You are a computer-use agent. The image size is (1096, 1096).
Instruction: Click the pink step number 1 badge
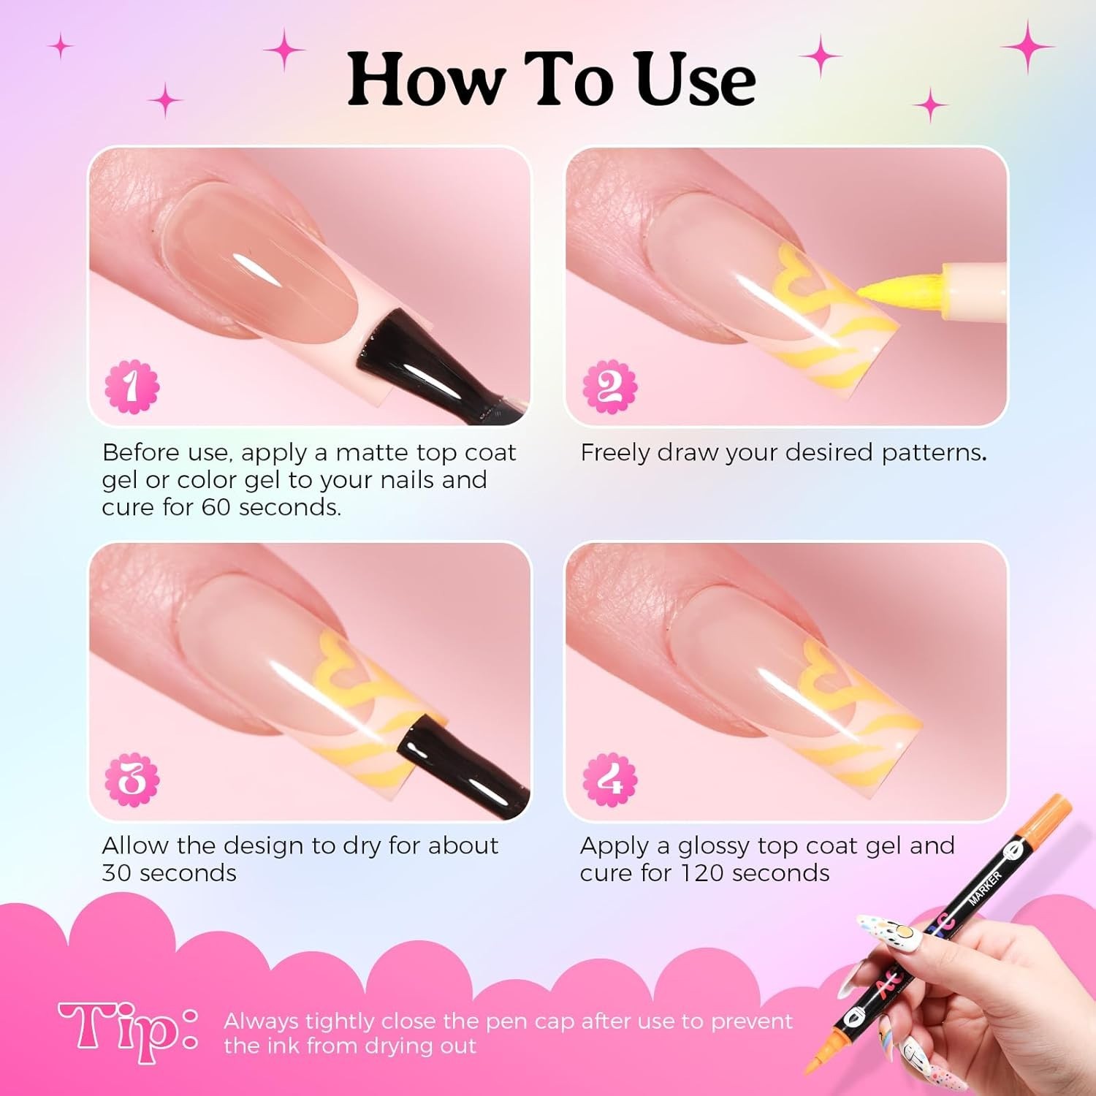pyautogui.click(x=132, y=386)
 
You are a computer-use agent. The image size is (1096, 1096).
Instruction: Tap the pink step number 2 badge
pyautogui.click(x=609, y=386)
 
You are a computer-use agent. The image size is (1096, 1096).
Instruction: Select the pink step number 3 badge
pyautogui.click(x=132, y=780)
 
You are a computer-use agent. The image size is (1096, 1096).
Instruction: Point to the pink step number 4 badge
pyautogui.click(x=609, y=780)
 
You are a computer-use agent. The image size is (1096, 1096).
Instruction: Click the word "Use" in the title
pyautogui.click(x=695, y=80)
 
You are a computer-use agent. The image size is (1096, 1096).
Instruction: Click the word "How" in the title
pyautogui.click(x=425, y=80)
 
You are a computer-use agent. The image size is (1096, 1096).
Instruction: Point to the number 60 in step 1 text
pyautogui.click(x=216, y=507)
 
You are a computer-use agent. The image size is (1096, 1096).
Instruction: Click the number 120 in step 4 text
pyautogui.click(x=703, y=872)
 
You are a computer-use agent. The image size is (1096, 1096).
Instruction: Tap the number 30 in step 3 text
pyautogui.click(x=118, y=872)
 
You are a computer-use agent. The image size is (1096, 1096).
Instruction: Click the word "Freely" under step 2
pyautogui.click(x=616, y=453)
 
